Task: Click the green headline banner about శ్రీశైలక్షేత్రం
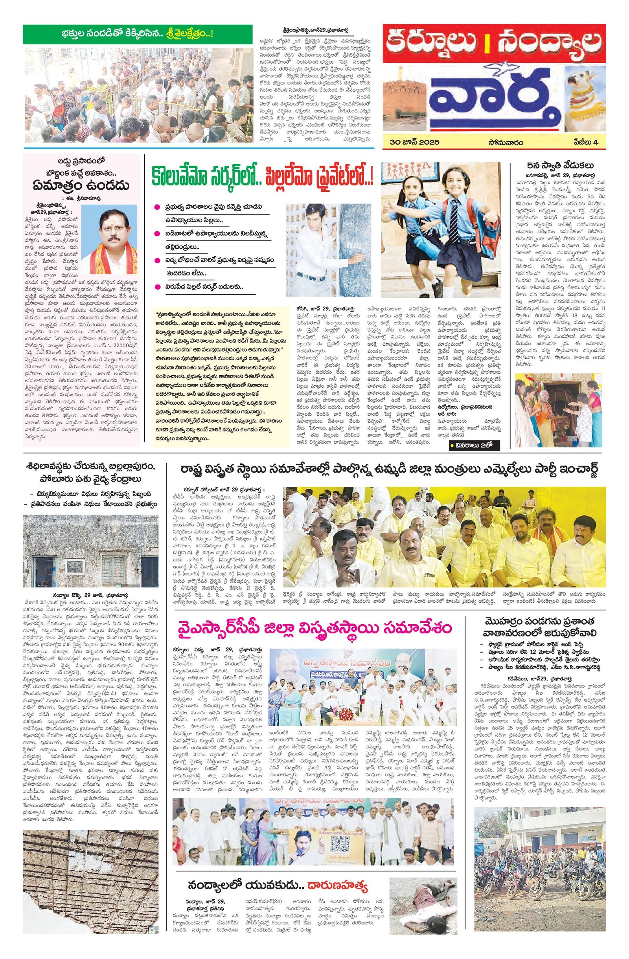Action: [138, 34]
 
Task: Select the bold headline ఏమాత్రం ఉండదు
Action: [82, 185]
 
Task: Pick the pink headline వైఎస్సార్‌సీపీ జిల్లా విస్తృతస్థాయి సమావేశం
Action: [312, 628]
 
